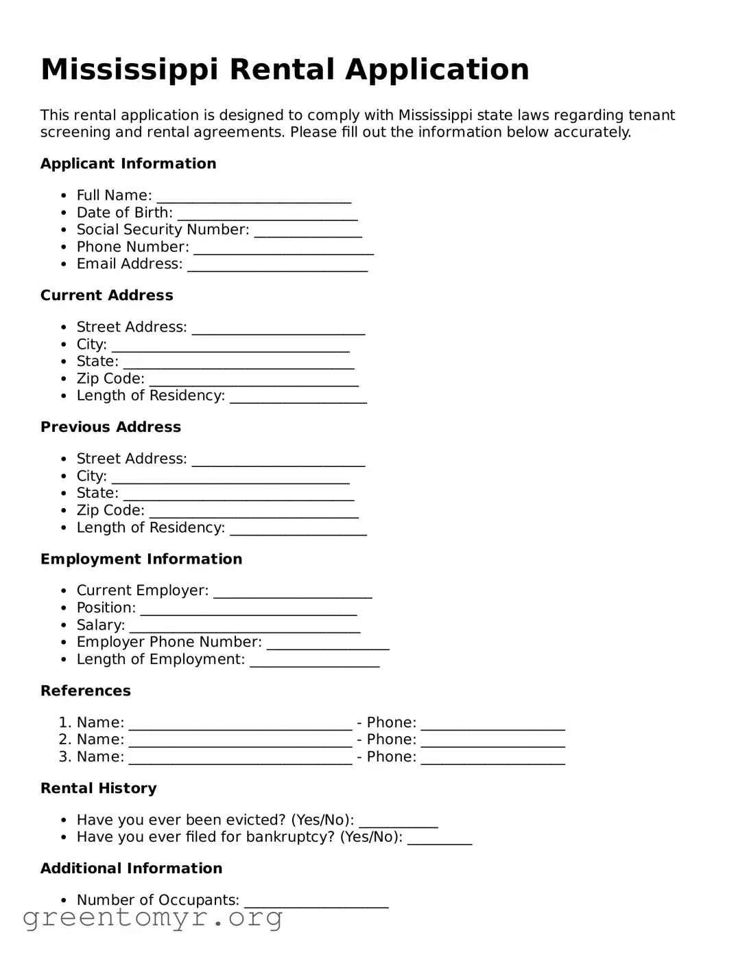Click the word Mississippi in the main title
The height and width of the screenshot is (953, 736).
[130, 70]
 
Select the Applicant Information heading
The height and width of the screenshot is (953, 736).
[128, 164]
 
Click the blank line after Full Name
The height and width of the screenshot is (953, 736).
[254, 197]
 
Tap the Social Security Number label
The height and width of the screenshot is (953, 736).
[163, 230]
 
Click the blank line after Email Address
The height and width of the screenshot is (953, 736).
[278, 266]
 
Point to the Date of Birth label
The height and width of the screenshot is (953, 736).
[124, 213]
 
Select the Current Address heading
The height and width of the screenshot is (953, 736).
[106, 296]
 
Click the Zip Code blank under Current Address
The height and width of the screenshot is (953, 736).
[254, 380]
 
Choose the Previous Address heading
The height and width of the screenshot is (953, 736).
[110, 428]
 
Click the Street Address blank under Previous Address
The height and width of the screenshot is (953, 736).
[278, 461]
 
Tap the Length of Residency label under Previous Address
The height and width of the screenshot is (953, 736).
[150, 528]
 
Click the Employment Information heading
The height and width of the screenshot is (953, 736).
[141, 560]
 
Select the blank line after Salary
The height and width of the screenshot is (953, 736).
[245, 627]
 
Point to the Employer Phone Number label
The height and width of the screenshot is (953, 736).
[169, 642]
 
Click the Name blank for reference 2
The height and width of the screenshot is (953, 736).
[240, 742]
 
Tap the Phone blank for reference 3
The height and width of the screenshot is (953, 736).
[492, 759]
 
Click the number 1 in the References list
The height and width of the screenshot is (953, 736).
[64, 723]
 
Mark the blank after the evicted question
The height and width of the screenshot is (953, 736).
[398, 822]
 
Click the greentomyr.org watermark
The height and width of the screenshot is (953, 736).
[152, 917]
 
